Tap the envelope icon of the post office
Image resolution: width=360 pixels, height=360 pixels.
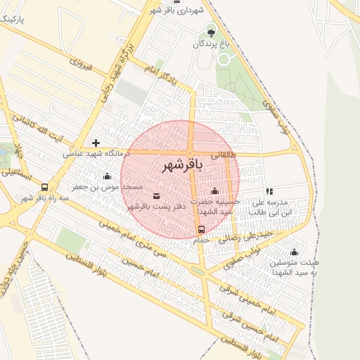tap(156, 195)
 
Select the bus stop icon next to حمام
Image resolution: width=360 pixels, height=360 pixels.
tap(202, 229)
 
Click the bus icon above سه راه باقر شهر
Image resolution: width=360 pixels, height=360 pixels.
tap(45, 188)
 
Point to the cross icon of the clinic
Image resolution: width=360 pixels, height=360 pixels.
tap(96, 143)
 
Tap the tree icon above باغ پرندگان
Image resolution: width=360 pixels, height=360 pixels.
tap(210, 32)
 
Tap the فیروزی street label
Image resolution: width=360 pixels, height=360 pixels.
tap(75, 64)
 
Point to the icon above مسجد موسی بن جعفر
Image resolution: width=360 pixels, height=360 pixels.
tap(106, 176)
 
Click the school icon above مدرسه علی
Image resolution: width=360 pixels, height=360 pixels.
tap(269, 191)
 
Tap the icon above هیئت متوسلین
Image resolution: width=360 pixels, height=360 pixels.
tap(294, 252)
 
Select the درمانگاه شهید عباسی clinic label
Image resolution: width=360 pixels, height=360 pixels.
tap(93, 153)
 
